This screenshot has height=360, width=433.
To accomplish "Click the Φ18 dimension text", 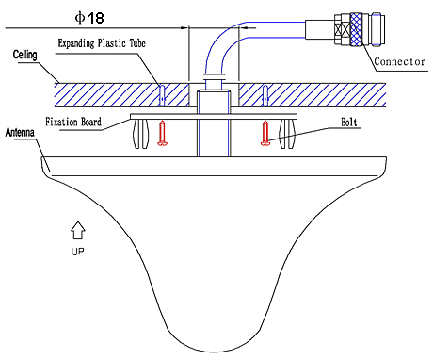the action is pyautogui.click(x=89, y=18).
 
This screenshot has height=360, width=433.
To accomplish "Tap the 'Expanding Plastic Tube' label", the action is pyautogui.click(x=102, y=43).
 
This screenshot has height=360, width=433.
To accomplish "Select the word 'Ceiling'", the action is pyautogui.click(x=24, y=55).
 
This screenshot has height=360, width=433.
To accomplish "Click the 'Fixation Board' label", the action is pyautogui.click(x=73, y=122).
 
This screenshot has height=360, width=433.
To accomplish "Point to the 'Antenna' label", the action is pyautogui.click(x=20, y=132).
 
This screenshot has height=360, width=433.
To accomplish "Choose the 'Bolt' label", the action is pyautogui.click(x=349, y=122).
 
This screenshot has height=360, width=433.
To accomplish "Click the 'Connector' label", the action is pyautogui.click(x=399, y=61).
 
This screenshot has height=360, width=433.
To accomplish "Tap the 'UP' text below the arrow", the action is pyautogui.click(x=77, y=252).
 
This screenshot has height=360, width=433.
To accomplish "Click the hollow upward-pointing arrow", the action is pyautogui.click(x=78, y=230).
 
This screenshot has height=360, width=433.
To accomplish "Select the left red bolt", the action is pyautogui.click(x=162, y=133).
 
